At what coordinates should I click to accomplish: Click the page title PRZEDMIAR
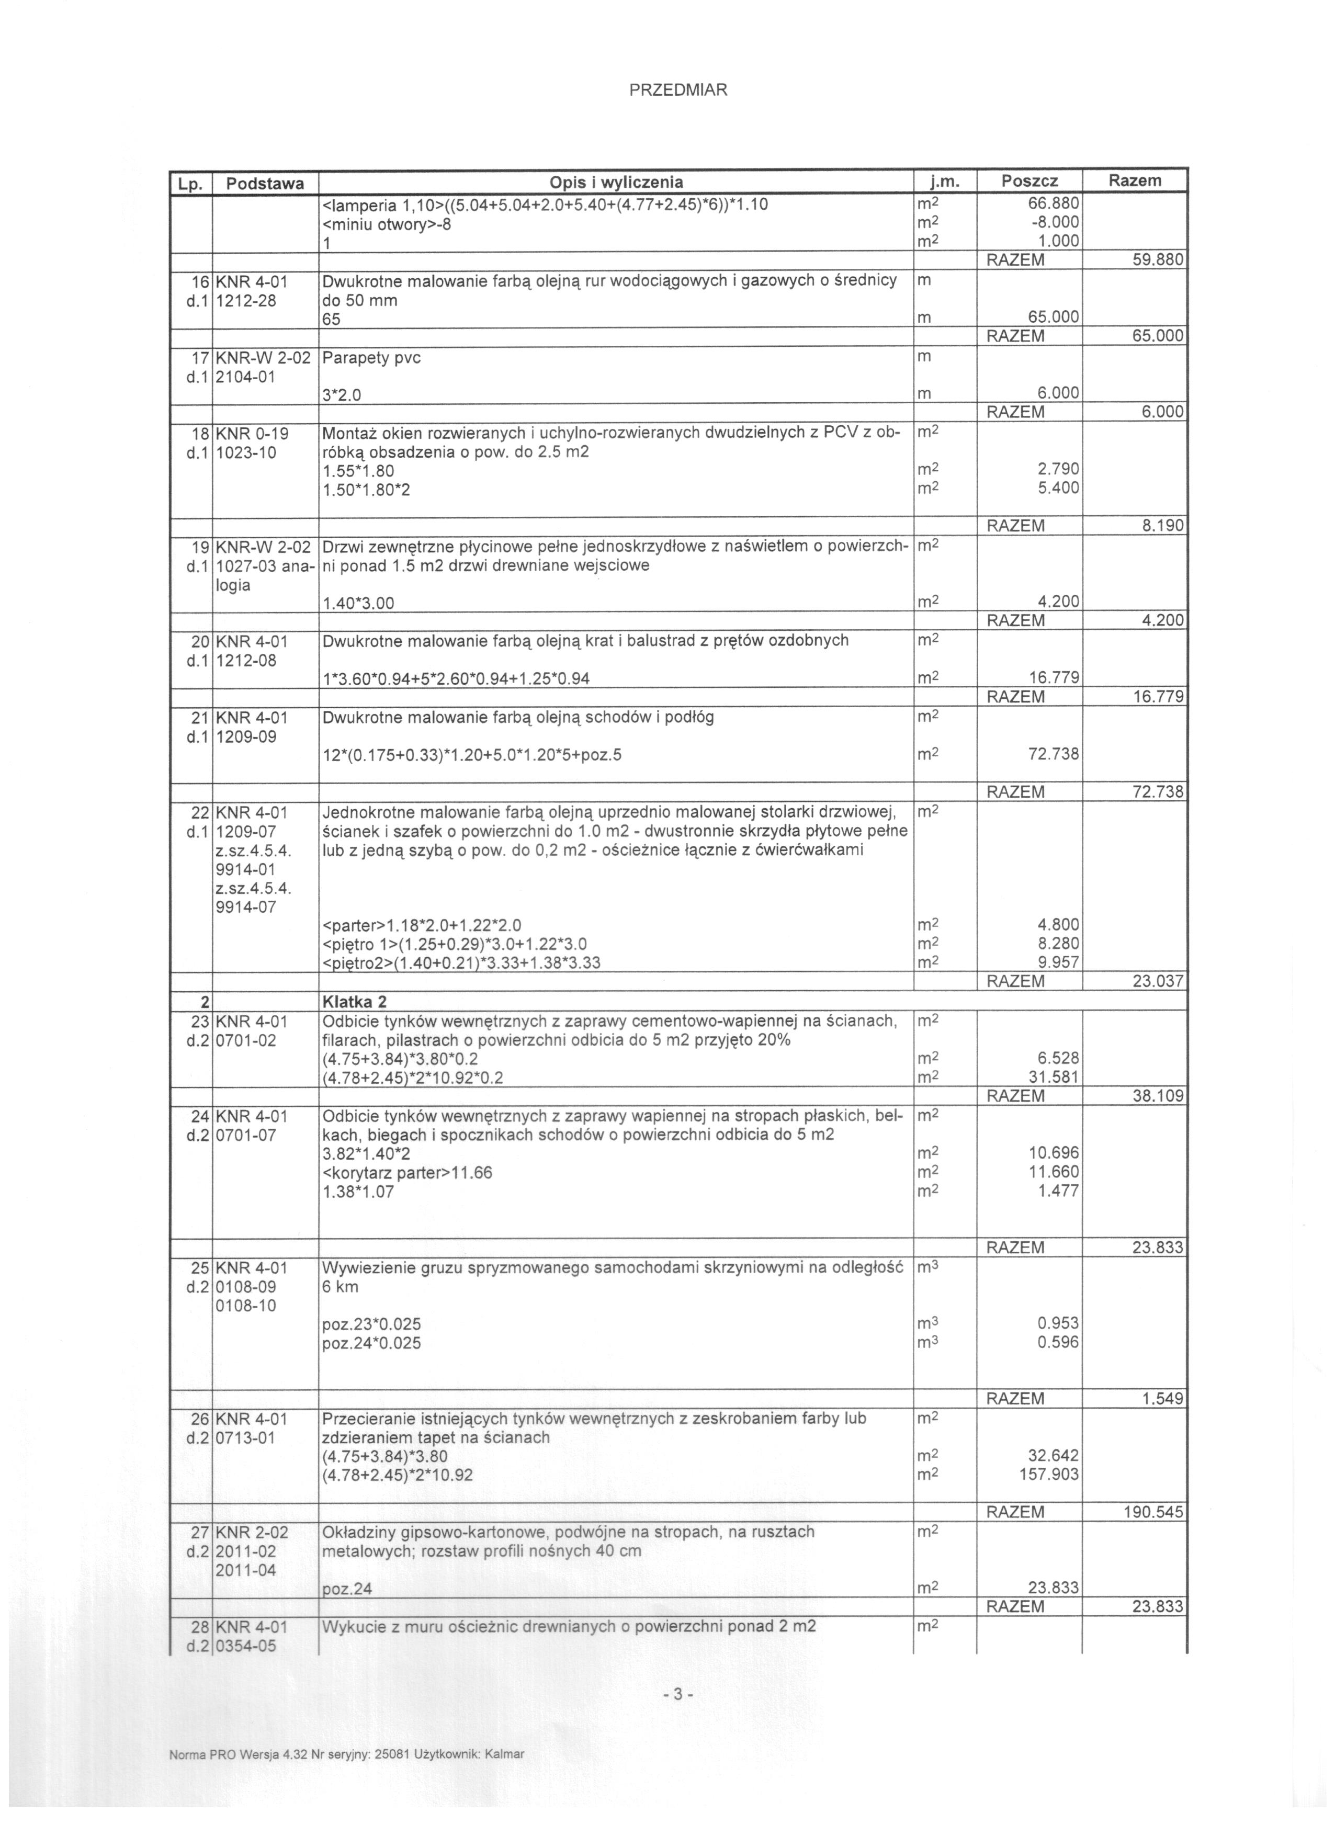click(678, 90)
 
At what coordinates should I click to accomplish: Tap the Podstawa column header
click(265, 183)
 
